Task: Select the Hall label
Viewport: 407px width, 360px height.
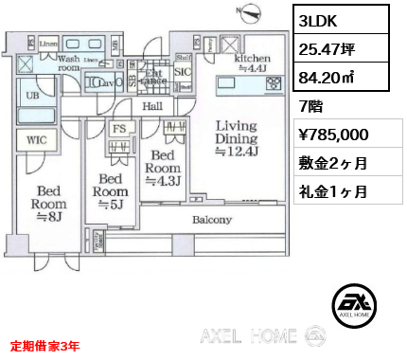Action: click(x=152, y=107)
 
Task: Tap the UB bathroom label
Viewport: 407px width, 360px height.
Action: click(x=30, y=98)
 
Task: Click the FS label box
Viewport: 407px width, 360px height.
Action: click(x=118, y=129)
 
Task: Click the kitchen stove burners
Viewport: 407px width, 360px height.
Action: click(x=273, y=82)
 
